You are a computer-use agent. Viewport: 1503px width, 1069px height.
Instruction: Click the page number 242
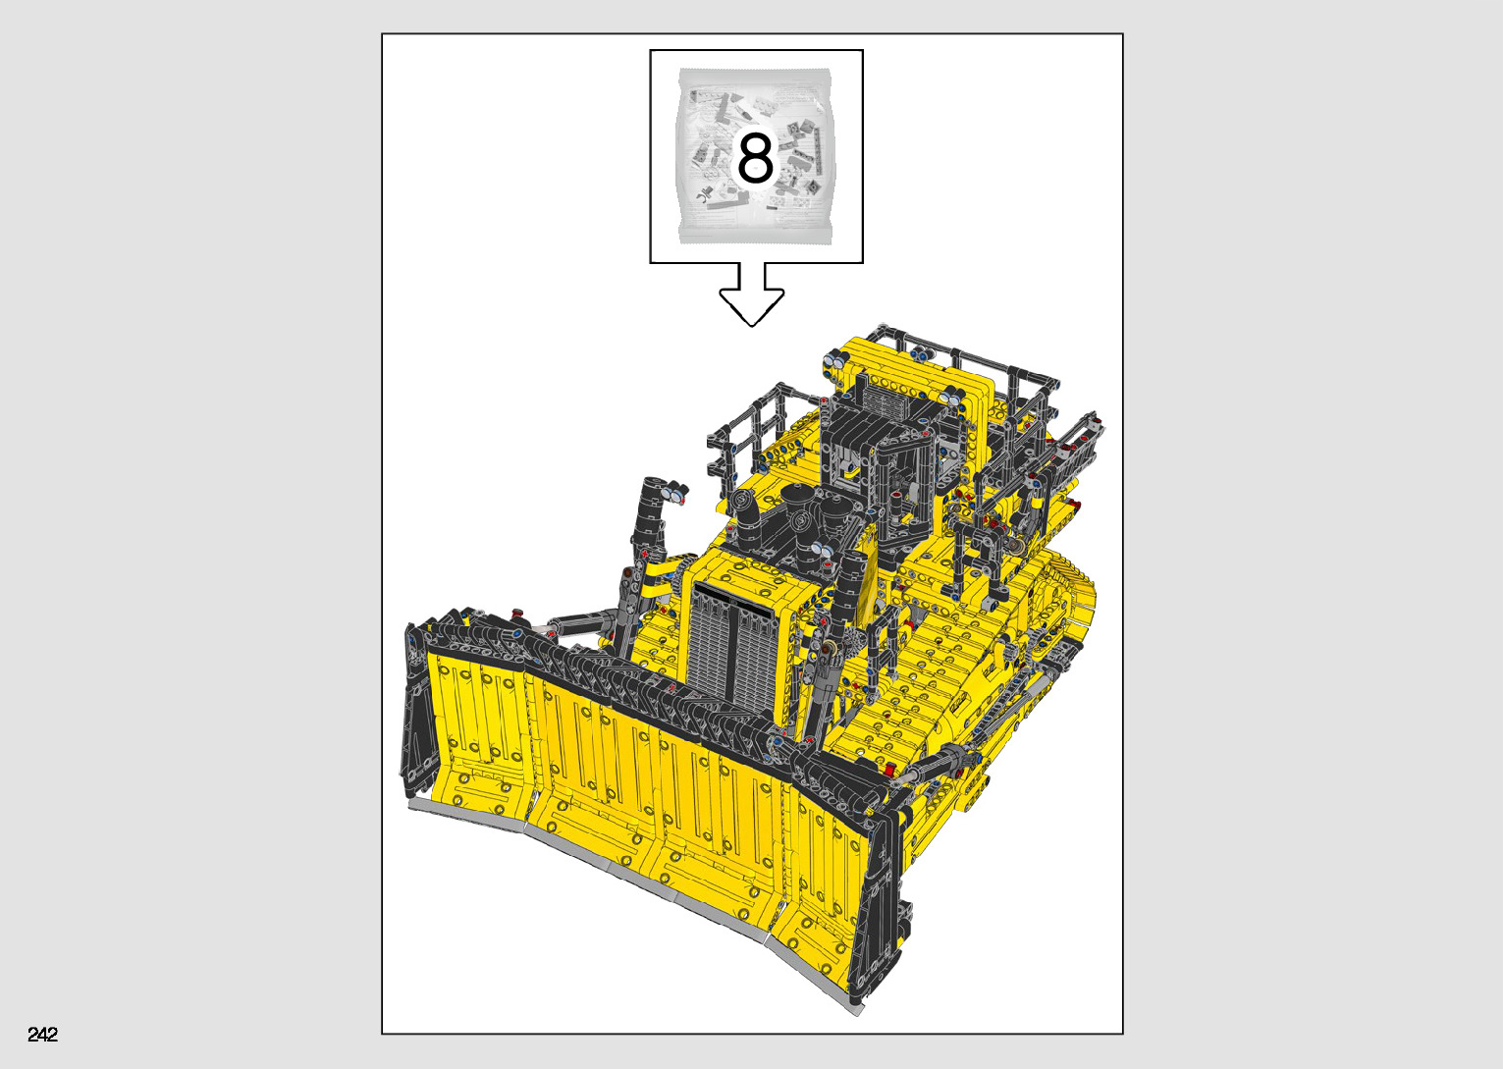click(x=43, y=1034)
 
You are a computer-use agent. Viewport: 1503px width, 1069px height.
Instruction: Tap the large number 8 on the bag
click(x=756, y=158)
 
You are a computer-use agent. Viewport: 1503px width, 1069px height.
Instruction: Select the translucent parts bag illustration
click(x=756, y=156)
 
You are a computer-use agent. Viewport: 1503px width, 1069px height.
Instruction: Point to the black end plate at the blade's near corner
click(x=879, y=913)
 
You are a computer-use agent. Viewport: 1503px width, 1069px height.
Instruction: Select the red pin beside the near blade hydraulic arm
click(x=890, y=769)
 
